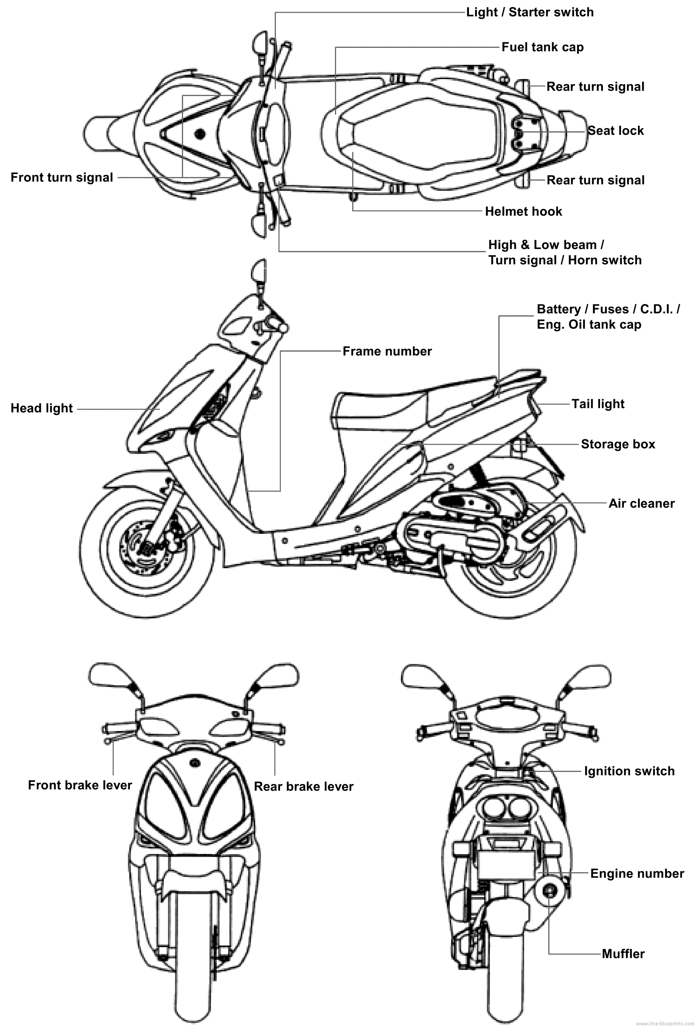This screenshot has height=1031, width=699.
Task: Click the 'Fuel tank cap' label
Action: pyautogui.click(x=542, y=47)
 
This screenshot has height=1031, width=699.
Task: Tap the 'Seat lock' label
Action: pyautogui.click(x=616, y=131)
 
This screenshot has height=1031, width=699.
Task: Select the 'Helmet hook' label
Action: pyautogui.click(x=523, y=211)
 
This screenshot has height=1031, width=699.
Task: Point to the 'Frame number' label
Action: pyautogui.click(x=387, y=351)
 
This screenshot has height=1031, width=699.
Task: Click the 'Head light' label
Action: pyautogui.click(x=42, y=408)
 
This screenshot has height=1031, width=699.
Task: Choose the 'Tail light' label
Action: pyautogui.click(x=598, y=404)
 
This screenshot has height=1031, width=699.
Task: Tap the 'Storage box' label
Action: pyautogui.click(x=618, y=444)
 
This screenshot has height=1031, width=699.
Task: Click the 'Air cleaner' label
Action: pyautogui.click(x=641, y=503)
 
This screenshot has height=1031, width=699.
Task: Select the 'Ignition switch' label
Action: pyautogui.click(x=629, y=771)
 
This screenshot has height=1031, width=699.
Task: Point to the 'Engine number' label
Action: pyautogui.click(x=637, y=873)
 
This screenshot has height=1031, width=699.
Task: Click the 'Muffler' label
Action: pyautogui.click(x=623, y=953)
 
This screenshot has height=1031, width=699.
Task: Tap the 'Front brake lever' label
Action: pyautogui.click(x=80, y=785)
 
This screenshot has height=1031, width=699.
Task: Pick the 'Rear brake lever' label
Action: pyautogui.click(x=304, y=786)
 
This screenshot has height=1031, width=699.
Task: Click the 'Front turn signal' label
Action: pyautogui.click(x=61, y=177)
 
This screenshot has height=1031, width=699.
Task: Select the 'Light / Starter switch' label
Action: pyautogui.click(x=530, y=12)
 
